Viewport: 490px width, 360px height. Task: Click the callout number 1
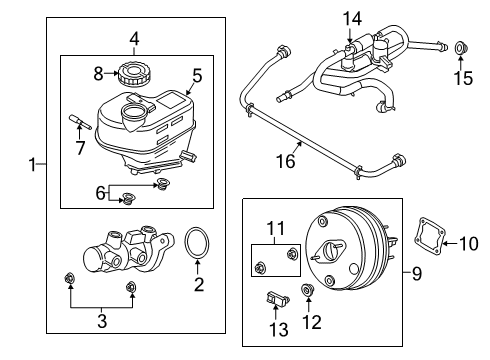tap(32, 164)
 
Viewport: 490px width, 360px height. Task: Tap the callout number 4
tap(133, 40)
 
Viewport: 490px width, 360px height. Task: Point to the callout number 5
tap(196, 74)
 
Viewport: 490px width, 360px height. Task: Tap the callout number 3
tap(99, 320)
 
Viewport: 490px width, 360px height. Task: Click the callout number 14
tap(349, 17)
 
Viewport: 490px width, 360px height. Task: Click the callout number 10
tap(469, 241)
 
